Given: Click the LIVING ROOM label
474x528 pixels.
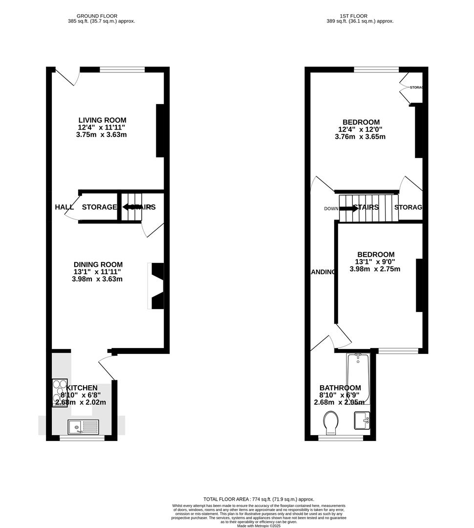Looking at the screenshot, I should [x=102, y=120].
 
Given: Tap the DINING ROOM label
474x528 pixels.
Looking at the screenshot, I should [x=98, y=264].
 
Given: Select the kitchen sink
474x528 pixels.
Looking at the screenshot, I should [x=84, y=427].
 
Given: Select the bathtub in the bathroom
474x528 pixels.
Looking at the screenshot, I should [x=358, y=379].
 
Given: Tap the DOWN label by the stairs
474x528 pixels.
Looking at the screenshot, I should [x=331, y=209].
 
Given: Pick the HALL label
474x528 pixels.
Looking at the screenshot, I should [x=64, y=207].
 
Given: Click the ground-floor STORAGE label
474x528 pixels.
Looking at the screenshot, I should [x=99, y=207].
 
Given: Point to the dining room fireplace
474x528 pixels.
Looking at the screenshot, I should [x=157, y=286].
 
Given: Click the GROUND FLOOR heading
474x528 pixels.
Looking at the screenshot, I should [x=101, y=16].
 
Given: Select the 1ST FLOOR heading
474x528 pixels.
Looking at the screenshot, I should [x=360, y=16].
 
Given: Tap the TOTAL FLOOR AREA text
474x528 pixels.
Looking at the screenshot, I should [x=259, y=499].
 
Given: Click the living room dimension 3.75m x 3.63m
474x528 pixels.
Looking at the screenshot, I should [x=102, y=135].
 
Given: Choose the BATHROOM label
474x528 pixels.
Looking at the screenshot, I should [x=340, y=388].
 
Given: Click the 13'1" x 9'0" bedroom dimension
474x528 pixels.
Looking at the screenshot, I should [x=375, y=262].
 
